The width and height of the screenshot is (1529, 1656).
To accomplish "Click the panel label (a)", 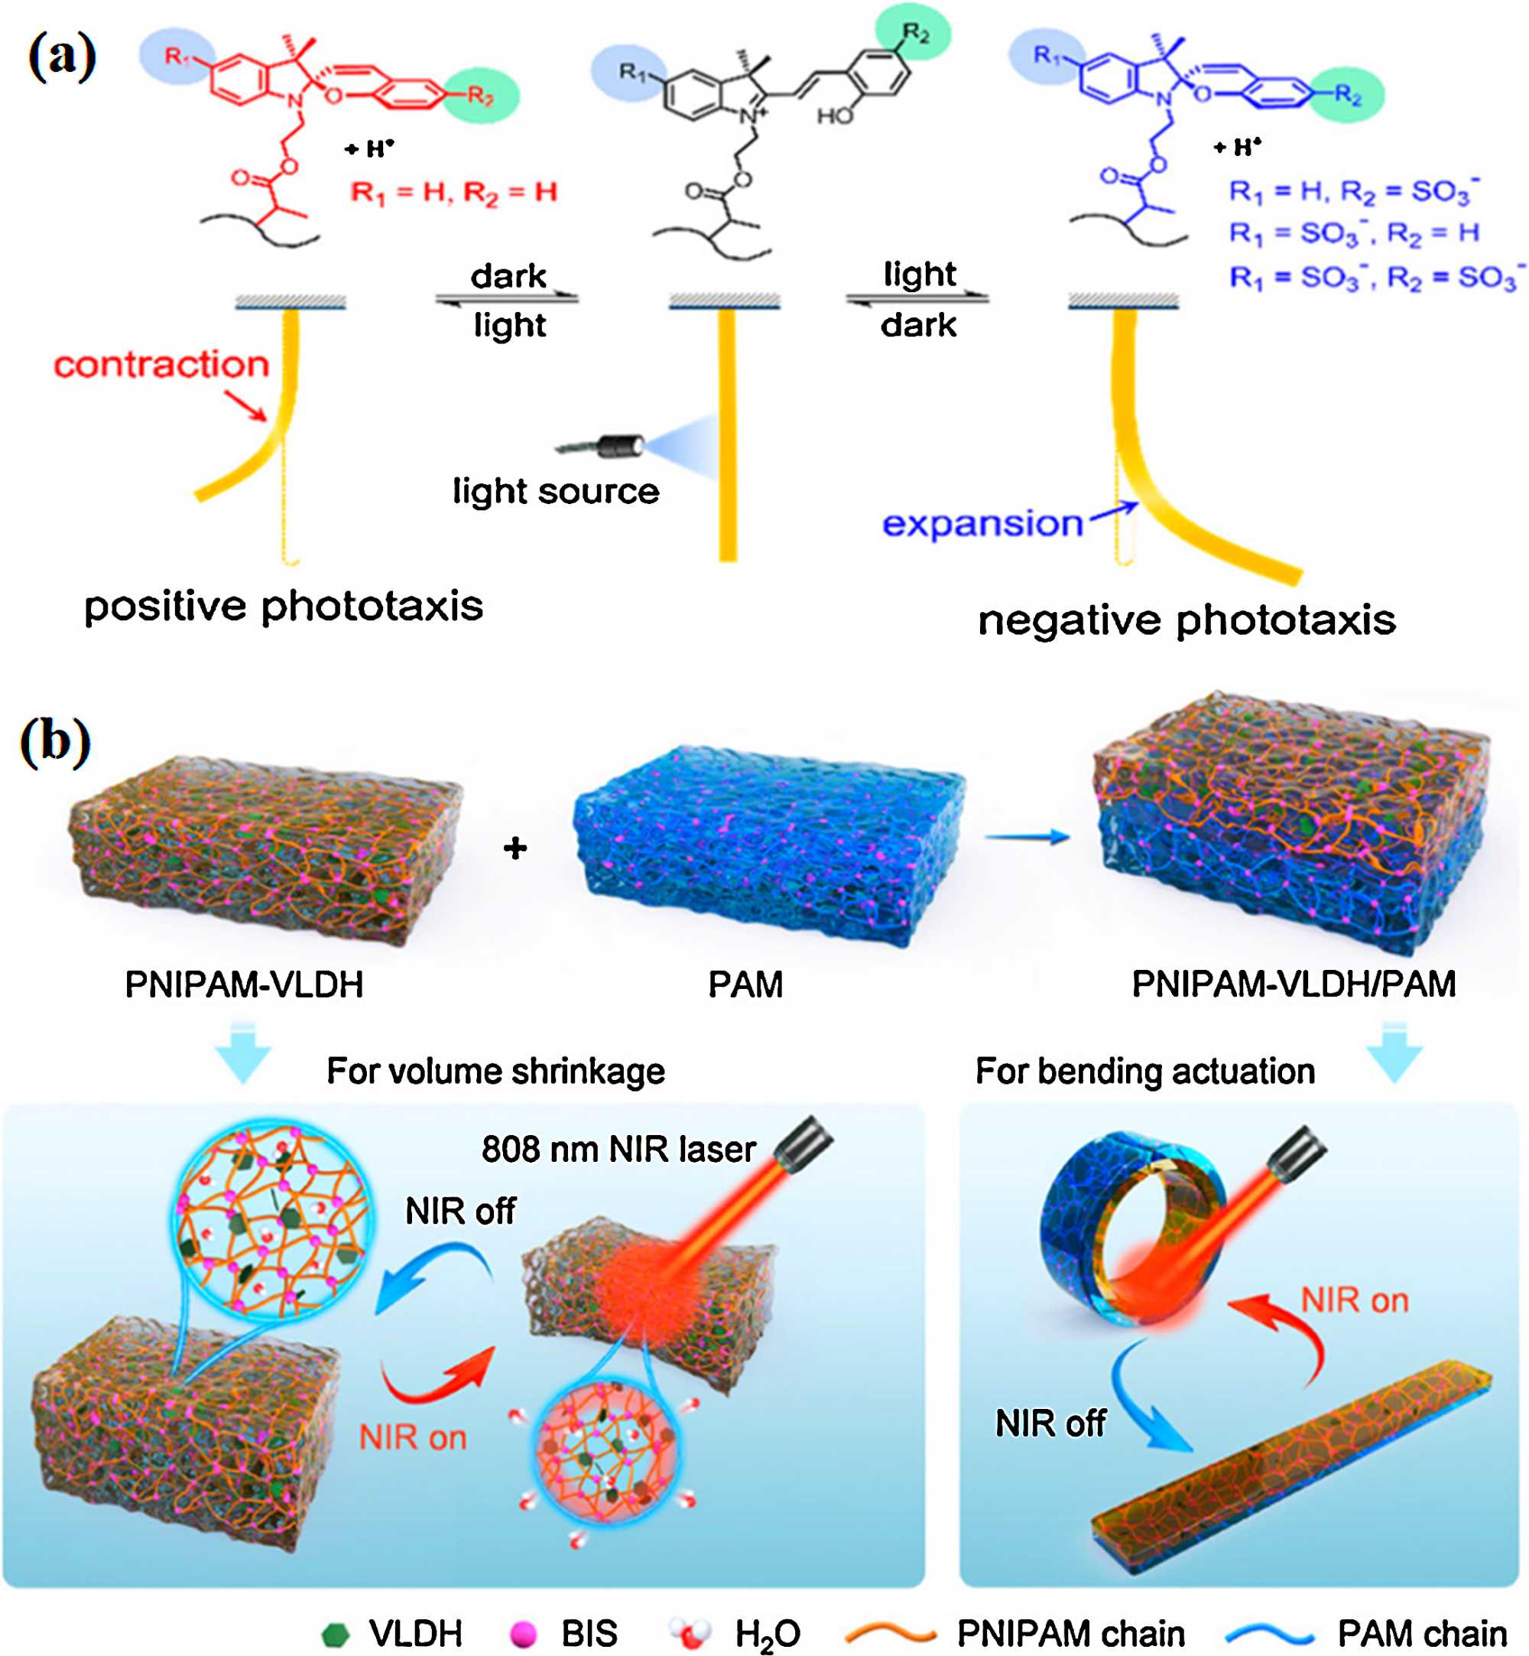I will click(x=62, y=59).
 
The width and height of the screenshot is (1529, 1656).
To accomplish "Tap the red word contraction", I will click(x=161, y=365).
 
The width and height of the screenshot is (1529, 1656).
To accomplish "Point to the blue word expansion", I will click(x=982, y=524).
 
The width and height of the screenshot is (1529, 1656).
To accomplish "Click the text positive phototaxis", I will click(x=283, y=606).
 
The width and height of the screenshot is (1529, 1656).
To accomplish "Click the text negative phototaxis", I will click(x=1187, y=620).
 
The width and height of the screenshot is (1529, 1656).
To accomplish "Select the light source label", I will click(x=555, y=492).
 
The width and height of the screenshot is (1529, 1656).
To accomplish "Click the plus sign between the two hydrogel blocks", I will click(x=515, y=848).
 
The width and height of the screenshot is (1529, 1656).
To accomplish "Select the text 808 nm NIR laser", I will click(x=618, y=1150).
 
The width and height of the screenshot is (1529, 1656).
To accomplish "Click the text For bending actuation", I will click(x=1144, y=1072).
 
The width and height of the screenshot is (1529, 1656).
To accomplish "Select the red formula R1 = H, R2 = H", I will click(x=453, y=193).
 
